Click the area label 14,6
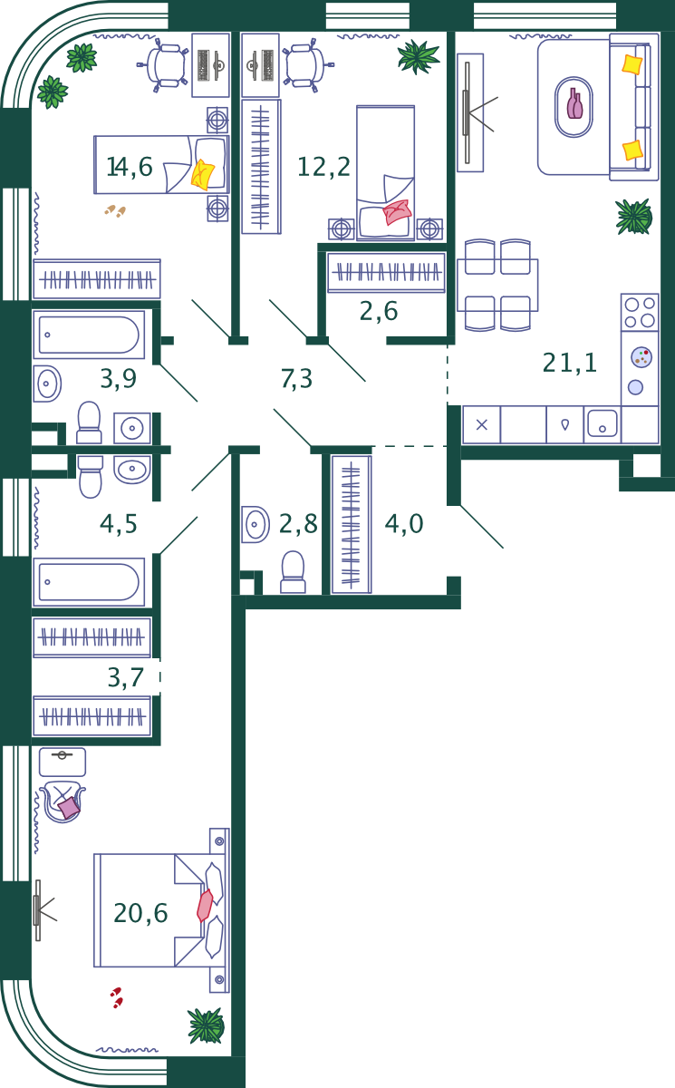[129, 167]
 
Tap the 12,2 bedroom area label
[323, 167]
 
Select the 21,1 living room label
[569, 363]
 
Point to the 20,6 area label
[140, 913]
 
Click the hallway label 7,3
[296, 379]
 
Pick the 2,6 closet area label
[379, 311]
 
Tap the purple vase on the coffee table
[574, 103]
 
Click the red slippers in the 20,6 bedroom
[117, 997]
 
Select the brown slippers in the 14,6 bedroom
[115, 210]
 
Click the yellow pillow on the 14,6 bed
[202, 174]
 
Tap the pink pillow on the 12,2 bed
[398, 212]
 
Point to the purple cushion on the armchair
[69, 808]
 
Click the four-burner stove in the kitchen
[640, 312]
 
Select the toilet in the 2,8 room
[293, 572]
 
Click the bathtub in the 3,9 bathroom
[89, 335]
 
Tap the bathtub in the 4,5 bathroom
[89, 582]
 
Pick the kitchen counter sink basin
[603, 423]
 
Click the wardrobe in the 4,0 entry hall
[352, 525]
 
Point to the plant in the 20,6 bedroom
[207, 1025]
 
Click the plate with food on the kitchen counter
[641, 357]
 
